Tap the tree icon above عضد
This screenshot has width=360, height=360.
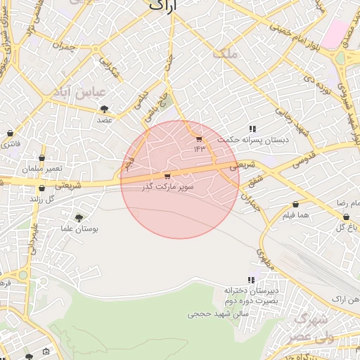coord(105,108)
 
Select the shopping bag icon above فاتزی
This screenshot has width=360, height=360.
coord(10,133)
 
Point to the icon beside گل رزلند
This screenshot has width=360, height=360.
coord(42,188)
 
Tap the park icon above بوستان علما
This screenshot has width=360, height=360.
coord(78,218)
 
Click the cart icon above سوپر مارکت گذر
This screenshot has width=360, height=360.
coord(167,176)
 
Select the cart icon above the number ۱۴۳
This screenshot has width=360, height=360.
coord(199,139)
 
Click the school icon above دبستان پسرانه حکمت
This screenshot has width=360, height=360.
coord(252,129)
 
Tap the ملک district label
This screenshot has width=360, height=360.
coord(229,53)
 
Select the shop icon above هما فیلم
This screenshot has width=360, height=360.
coord(295,205)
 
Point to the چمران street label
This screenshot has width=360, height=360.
coord(63,47)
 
